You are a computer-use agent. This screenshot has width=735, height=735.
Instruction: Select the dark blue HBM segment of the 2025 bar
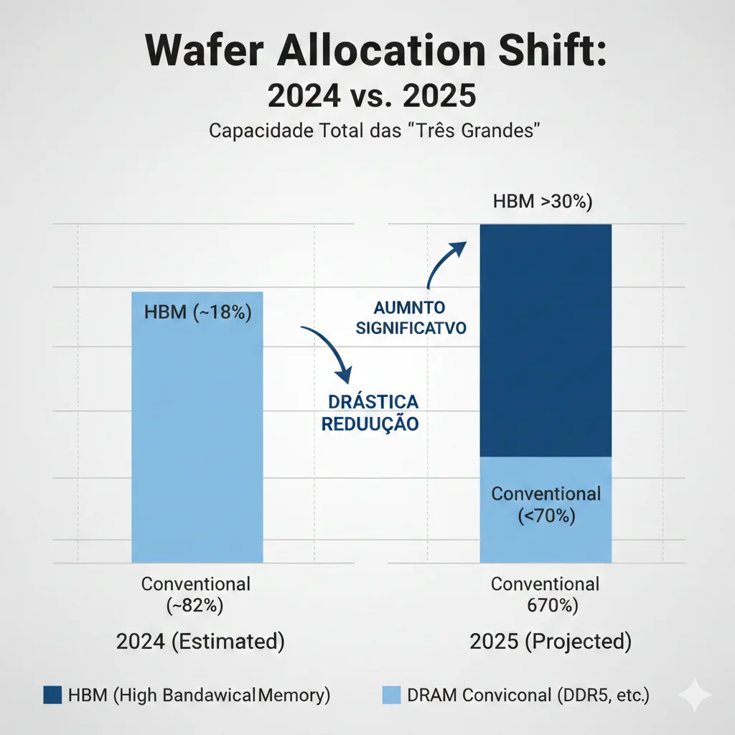(546, 341)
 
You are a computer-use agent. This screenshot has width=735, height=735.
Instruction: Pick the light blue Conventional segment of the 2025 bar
(546, 510)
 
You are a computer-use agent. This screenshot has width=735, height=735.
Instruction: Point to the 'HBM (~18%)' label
(197, 313)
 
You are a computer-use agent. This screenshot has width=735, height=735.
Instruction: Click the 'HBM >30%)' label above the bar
(543, 202)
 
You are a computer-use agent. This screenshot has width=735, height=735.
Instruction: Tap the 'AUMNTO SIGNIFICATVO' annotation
(410, 318)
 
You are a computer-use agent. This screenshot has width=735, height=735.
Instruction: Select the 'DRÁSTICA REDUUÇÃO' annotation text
(370, 412)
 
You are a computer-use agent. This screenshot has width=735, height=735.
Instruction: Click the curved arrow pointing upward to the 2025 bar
(444, 263)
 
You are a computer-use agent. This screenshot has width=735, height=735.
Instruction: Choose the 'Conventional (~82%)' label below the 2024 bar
(196, 594)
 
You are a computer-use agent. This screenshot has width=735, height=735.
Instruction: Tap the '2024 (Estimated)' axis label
(200, 641)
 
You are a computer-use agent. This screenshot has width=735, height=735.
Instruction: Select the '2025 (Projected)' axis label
(551, 641)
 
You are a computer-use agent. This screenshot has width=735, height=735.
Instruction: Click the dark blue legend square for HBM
(53, 695)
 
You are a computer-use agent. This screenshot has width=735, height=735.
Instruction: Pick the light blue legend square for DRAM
(390, 695)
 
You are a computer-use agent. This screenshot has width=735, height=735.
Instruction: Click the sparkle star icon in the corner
(694, 696)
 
